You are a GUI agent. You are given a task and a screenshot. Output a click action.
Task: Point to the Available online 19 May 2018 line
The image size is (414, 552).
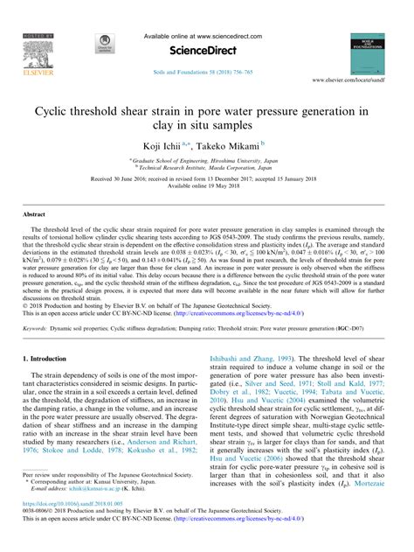207,185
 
